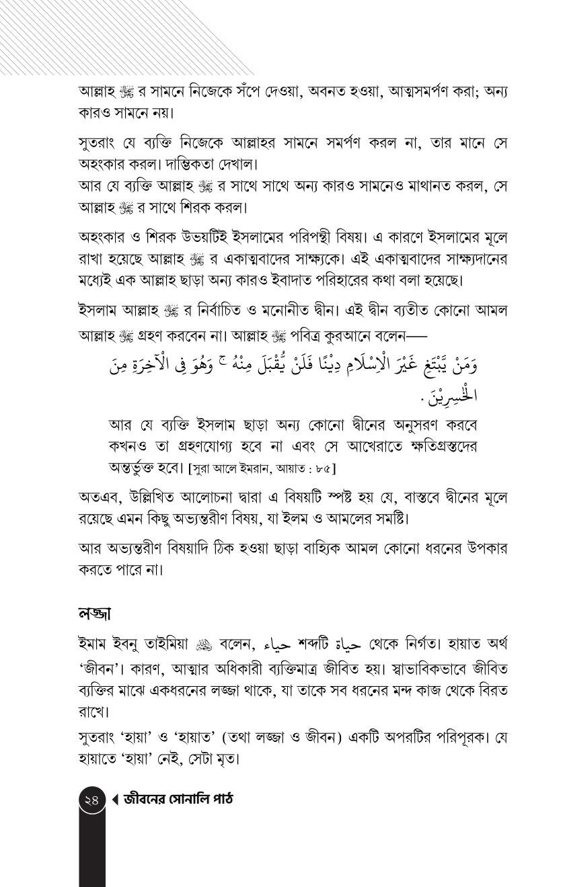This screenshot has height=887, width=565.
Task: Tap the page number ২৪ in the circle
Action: pos(92,800)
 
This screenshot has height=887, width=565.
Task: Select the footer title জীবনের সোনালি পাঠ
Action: pos(178,800)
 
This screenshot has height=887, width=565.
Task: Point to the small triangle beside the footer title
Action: pos(115,800)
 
